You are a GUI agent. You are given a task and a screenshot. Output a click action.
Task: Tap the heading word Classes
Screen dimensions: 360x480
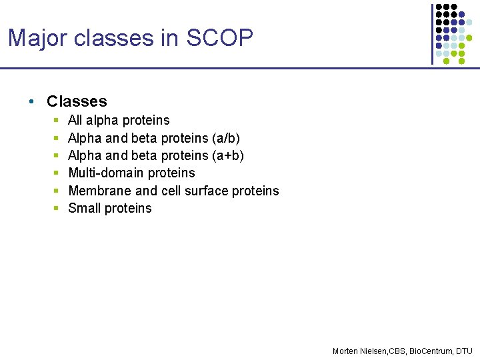[x=77, y=101]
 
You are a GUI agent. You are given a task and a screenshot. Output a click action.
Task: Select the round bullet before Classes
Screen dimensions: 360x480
[x=31, y=102]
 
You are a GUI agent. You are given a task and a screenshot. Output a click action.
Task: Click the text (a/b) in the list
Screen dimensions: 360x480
[x=225, y=138]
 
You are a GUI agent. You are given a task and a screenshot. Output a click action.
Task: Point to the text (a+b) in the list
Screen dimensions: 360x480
[x=227, y=155]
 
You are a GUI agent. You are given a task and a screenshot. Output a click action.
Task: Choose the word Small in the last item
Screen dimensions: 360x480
[x=84, y=208]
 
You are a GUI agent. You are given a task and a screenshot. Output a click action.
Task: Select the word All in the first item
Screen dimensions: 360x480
[x=75, y=120]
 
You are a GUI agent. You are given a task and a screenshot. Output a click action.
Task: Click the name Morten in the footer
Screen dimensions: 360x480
[x=345, y=351]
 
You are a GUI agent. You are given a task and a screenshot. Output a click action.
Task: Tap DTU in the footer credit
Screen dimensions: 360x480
[x=464, y=351]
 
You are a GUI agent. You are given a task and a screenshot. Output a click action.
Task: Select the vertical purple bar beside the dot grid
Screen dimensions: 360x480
[x=432, y=33]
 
